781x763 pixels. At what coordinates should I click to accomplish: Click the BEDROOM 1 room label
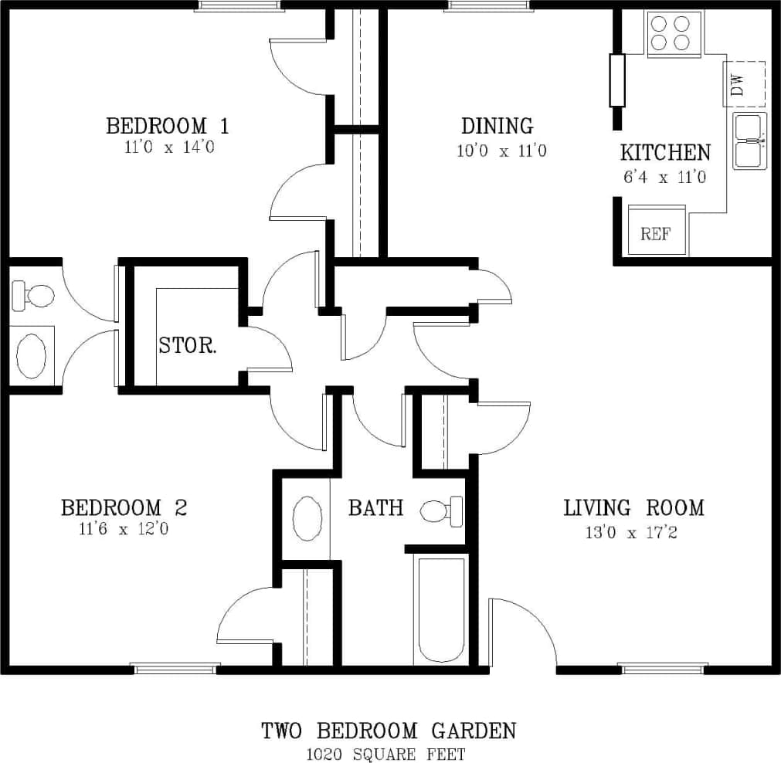click(167, 125)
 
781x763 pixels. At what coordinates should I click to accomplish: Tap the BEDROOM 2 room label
click(124, 507)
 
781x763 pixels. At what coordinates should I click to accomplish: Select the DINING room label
click(497, 125)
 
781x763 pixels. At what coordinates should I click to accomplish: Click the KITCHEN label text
click(665, 152)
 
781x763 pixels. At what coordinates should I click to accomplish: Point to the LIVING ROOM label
click(633, 507)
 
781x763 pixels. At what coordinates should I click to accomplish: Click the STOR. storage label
click(188, 345)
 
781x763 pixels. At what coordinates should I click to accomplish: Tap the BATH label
click(375, 507)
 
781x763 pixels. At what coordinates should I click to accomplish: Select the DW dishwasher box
click(744, 83)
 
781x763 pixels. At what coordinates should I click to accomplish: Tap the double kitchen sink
click(749, 141)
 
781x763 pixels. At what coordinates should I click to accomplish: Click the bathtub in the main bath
click(441, 610)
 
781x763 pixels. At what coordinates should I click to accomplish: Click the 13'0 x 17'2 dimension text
click(631, 532)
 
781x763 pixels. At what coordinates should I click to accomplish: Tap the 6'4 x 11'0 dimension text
click(664, 177)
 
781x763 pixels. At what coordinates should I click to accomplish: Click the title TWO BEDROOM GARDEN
click(388, 730)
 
